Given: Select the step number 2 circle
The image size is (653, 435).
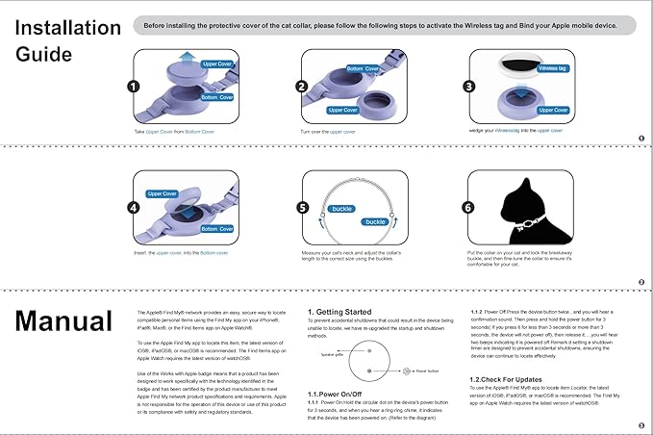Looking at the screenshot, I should point(302,87).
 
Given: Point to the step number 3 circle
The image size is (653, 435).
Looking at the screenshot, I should point(471,87).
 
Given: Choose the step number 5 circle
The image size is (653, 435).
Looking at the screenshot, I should point(302,207).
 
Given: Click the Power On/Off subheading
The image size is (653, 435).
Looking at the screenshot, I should point(334,395).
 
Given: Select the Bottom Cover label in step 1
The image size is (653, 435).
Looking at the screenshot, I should point(215,97).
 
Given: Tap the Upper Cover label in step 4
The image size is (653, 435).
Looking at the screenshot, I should point(162,193).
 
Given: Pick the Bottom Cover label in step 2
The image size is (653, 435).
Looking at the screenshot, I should point(363,69).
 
